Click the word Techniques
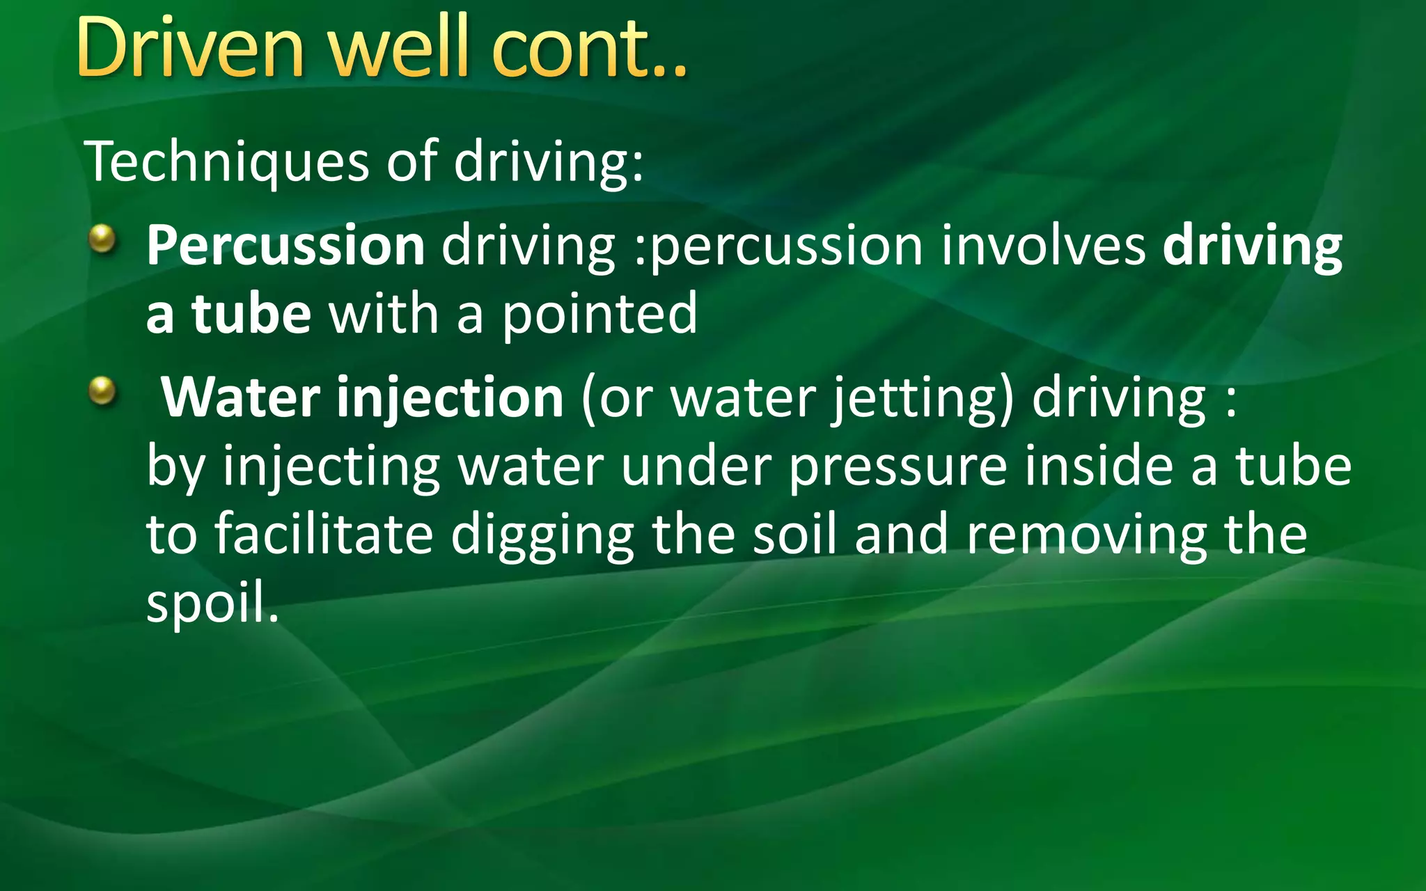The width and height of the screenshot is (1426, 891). click(x=226, y=162)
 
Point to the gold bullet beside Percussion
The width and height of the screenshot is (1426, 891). click(x=102, y=239)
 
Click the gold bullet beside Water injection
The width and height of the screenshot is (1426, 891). click(x=102, y=390)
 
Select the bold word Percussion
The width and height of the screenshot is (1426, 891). click(x=285, y=246)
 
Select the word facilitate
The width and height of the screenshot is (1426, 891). click(x=324, y=535)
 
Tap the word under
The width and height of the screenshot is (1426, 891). click(x=696, y=466)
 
